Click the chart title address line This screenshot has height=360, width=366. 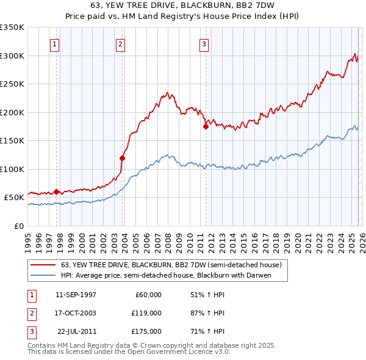182,5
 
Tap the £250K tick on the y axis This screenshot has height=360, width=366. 12,84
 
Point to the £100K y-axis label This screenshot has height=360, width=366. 12,169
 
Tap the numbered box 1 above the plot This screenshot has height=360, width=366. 55,44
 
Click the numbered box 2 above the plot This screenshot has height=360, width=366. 121,44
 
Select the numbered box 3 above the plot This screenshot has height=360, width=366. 204,44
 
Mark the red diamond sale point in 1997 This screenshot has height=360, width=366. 57,192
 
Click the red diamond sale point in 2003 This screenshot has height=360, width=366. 123,158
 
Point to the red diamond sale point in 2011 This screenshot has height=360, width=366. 206,126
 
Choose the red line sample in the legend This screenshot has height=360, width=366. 43,265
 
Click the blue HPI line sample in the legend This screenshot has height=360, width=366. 43,275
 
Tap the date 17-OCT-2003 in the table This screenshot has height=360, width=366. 76,313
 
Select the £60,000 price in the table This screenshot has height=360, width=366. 148,295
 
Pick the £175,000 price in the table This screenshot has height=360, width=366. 146,331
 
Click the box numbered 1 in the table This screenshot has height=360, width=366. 30,295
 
